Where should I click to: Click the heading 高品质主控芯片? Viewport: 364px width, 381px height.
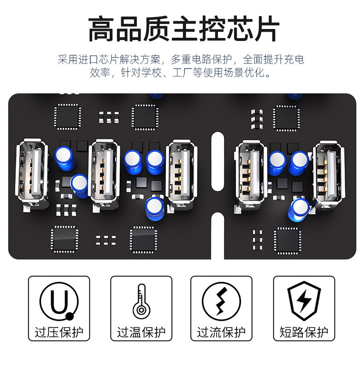point(184,29)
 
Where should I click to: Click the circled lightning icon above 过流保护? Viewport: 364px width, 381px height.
point(221,301)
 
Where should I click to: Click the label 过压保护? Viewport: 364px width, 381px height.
point(59,332)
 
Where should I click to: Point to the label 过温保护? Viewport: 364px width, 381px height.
point(141,332)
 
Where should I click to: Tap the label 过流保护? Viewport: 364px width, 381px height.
point(221,332)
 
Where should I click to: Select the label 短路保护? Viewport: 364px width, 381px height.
point(304,332)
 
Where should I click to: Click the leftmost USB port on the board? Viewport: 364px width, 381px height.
point(32,174)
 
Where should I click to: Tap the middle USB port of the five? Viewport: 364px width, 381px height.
point(181,175)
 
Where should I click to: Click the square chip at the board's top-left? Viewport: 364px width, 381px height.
point(68,117)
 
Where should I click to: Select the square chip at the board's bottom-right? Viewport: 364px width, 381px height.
point(288,241)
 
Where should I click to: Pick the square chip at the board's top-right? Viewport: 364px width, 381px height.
point(286,118)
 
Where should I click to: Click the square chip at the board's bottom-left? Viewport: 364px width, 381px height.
point(65,239)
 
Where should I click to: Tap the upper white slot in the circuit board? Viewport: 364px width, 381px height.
point(217,162)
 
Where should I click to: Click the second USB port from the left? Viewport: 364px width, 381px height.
point(105,174)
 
